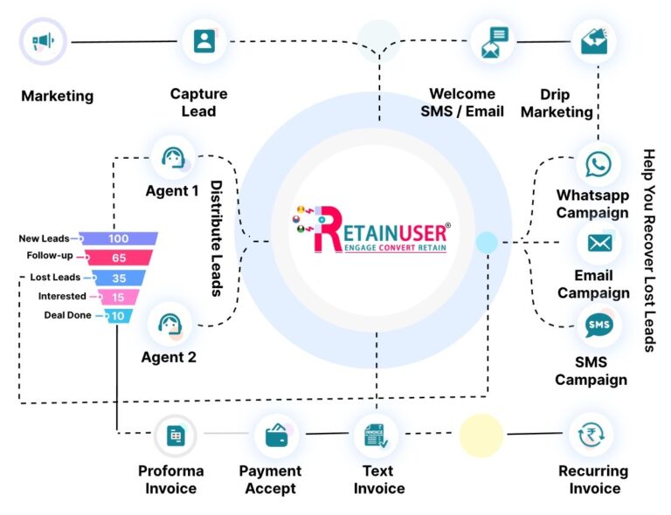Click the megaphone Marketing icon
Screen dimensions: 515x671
point(43,41)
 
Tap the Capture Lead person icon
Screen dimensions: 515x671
point(204,41)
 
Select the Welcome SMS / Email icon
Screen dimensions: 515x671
point(493,41)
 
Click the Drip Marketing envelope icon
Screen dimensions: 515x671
point(598,41)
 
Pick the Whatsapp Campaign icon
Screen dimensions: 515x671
point(598,164)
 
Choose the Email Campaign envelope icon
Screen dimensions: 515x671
point(598,244)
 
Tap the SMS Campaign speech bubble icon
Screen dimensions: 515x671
point(598,326)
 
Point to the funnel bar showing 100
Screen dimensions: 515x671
point(119,238)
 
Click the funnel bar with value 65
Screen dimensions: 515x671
point(119,257)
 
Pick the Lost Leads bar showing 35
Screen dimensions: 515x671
point(119,278)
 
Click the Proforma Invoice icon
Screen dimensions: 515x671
point(176,434)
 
